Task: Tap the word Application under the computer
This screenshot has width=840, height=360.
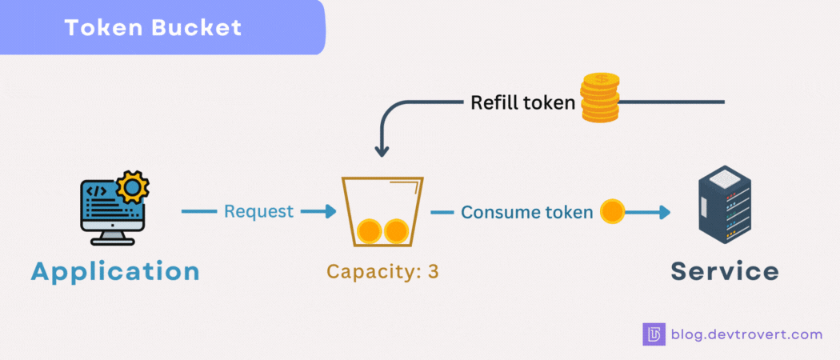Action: coord(115,271)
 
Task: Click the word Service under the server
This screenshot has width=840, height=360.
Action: coord(724,271)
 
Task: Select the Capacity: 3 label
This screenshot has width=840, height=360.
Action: coord(382,271)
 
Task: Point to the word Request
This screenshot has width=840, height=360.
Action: coord(258,212)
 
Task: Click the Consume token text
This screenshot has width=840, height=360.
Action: coord(527,212)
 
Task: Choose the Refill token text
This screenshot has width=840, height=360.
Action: coord(522,102)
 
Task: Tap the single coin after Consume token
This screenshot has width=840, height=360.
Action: coord(612,212)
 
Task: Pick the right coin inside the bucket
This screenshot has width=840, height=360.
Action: coord(396,231)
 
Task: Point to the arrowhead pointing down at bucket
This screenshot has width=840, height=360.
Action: coord(382,150)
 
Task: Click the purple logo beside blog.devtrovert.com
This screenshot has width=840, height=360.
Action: coord(654,334)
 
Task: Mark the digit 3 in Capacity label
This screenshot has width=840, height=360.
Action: coord(433,271)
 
